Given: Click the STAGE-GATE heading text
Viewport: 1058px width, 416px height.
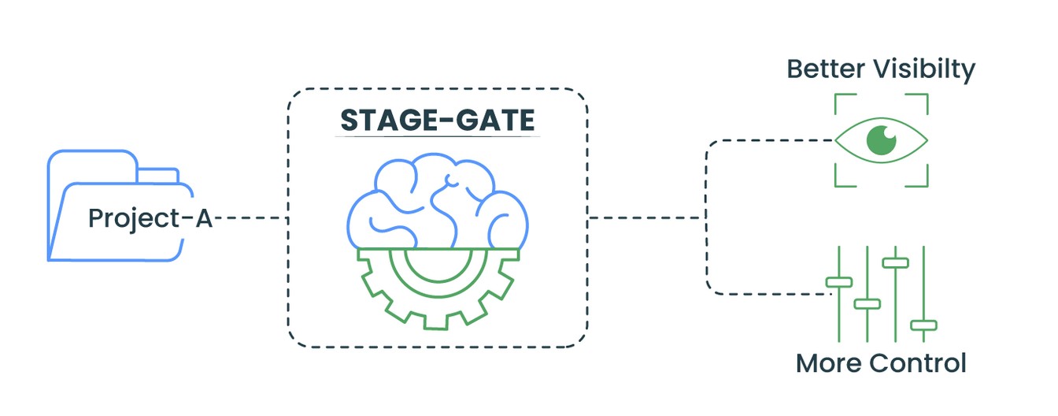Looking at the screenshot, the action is [438, 120].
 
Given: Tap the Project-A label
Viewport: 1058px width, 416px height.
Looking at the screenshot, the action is [150, 218].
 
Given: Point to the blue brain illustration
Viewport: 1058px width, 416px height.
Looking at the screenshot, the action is [438, 200].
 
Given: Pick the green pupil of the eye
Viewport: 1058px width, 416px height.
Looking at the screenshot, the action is [882, 140].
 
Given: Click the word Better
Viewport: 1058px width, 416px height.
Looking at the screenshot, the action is [826, 69].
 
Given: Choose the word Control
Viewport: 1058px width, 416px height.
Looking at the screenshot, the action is [918, 363].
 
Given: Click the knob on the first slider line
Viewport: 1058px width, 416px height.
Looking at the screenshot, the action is [839, 282].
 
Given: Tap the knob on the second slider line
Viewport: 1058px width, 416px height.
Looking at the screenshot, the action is [867, 303].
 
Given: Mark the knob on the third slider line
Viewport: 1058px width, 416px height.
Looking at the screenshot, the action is [896, 263].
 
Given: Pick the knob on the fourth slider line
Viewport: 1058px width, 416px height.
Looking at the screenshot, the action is [923, 325].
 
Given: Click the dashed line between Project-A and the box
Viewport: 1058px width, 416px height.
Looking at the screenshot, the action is [251, 218].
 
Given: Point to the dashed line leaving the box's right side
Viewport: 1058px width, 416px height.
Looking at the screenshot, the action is [647, 218].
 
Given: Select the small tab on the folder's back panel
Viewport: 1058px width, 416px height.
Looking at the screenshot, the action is [157, 175].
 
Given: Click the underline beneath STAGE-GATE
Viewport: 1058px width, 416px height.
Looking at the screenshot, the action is [438, 136].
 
